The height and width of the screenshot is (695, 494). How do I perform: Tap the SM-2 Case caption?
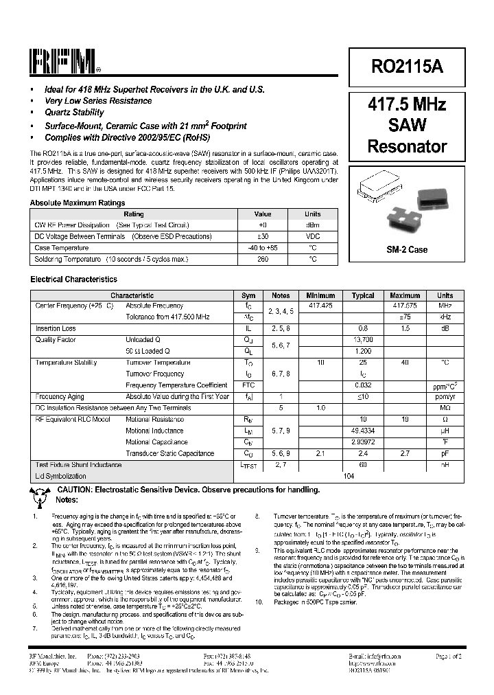(407, 249)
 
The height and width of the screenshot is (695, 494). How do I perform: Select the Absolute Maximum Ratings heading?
(78, 203)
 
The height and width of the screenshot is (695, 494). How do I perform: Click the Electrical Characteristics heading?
(73, 280)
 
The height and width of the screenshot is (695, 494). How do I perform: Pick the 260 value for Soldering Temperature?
(263, 259)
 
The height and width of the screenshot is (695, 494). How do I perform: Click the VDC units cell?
(312, 236)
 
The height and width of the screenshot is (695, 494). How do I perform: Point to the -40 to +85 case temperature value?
(263, 248)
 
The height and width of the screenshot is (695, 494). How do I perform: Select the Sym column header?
(248, 295)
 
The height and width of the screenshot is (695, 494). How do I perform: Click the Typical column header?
(363, 295)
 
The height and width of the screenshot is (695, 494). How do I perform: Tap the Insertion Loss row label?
(56, 329)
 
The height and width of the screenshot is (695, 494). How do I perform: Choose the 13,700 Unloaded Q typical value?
(363, 340)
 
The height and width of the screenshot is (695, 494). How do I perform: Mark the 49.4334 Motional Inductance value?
(363, 431)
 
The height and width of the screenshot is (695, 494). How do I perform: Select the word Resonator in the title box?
(407, 146)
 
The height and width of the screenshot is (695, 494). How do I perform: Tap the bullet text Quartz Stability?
(74, 112)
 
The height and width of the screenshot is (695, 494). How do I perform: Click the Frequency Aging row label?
(60, 397)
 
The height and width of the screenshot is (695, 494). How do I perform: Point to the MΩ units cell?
(445, 408)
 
